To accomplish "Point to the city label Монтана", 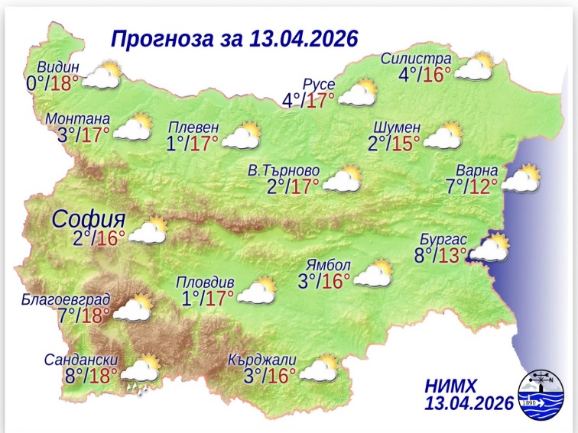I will pos(78,119).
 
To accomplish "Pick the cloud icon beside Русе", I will pos(358,94).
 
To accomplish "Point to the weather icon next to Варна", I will pos(521,179).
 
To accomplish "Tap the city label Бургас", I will pos(442,238).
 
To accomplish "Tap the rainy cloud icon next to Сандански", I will pos(140,373).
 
